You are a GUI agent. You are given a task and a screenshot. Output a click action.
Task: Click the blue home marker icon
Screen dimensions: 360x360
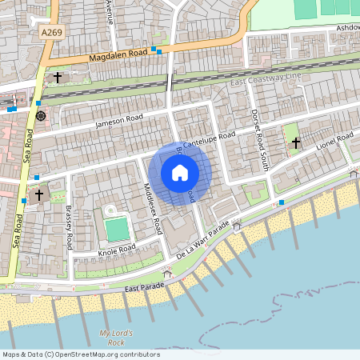pos(180,173)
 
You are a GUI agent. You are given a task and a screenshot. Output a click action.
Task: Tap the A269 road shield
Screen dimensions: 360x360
pos(50,32)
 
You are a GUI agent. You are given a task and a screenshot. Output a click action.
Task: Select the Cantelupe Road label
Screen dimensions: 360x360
pos(209,140)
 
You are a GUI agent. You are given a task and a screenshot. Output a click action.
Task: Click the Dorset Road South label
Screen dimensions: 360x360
pos(258,141)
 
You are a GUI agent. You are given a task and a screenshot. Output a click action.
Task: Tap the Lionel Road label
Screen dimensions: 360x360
pos(334,142)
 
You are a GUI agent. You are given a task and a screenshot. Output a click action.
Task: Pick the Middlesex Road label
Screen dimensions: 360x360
pos(150,206)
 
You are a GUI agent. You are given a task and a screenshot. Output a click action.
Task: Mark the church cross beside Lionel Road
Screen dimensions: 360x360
pos(296,142)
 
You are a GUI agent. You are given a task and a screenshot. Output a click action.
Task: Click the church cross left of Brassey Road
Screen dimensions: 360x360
pos(38,194)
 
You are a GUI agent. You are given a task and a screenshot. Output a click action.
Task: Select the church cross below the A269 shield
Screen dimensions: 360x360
pos(58,78)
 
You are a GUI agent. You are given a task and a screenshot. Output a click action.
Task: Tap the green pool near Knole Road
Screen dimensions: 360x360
pos(117,230)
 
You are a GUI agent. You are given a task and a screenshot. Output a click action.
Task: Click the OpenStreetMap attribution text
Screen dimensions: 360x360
pos(80,354)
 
